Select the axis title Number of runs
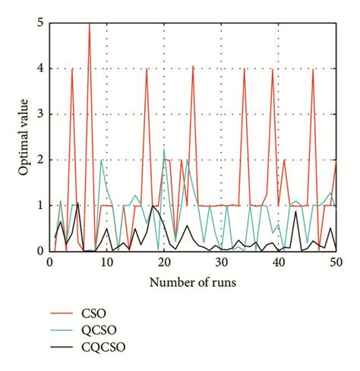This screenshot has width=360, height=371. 193,283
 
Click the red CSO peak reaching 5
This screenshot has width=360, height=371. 89,24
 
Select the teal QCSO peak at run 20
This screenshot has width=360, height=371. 164,150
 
